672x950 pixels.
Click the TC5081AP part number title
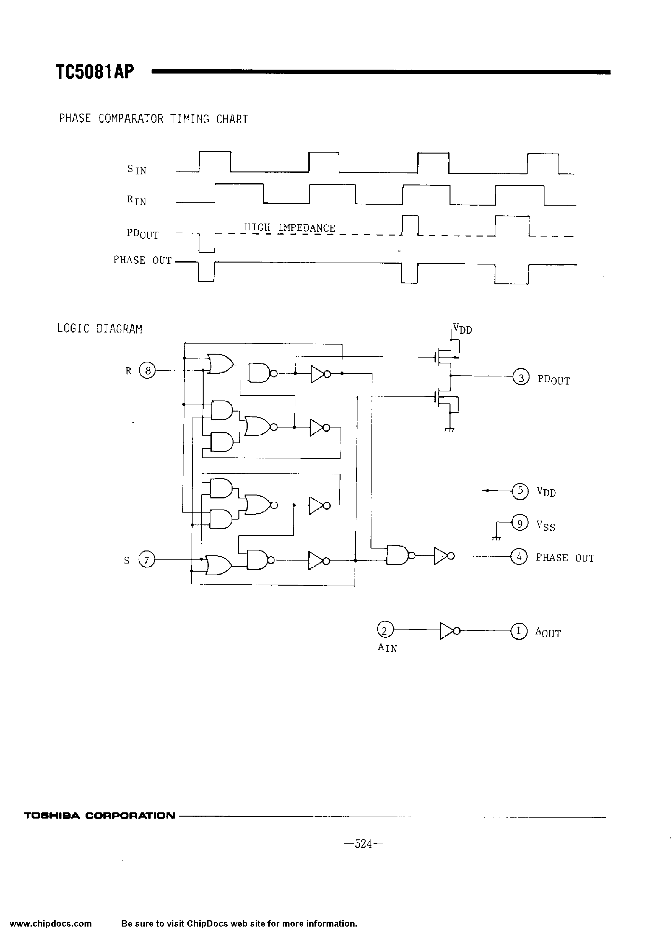(95, 72)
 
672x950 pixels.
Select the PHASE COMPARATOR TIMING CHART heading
(153, 119)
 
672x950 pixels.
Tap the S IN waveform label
(137, 169)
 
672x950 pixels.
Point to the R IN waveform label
(136, 201)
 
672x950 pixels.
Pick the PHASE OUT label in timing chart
(142, 260)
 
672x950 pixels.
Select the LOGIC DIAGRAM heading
(99, 329)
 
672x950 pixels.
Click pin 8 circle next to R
(147, 370)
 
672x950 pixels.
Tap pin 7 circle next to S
(146, 560)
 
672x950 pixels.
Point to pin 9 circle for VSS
(520, 523)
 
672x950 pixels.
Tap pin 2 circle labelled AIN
(385, 631)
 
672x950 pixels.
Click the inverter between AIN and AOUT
(449, 631)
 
